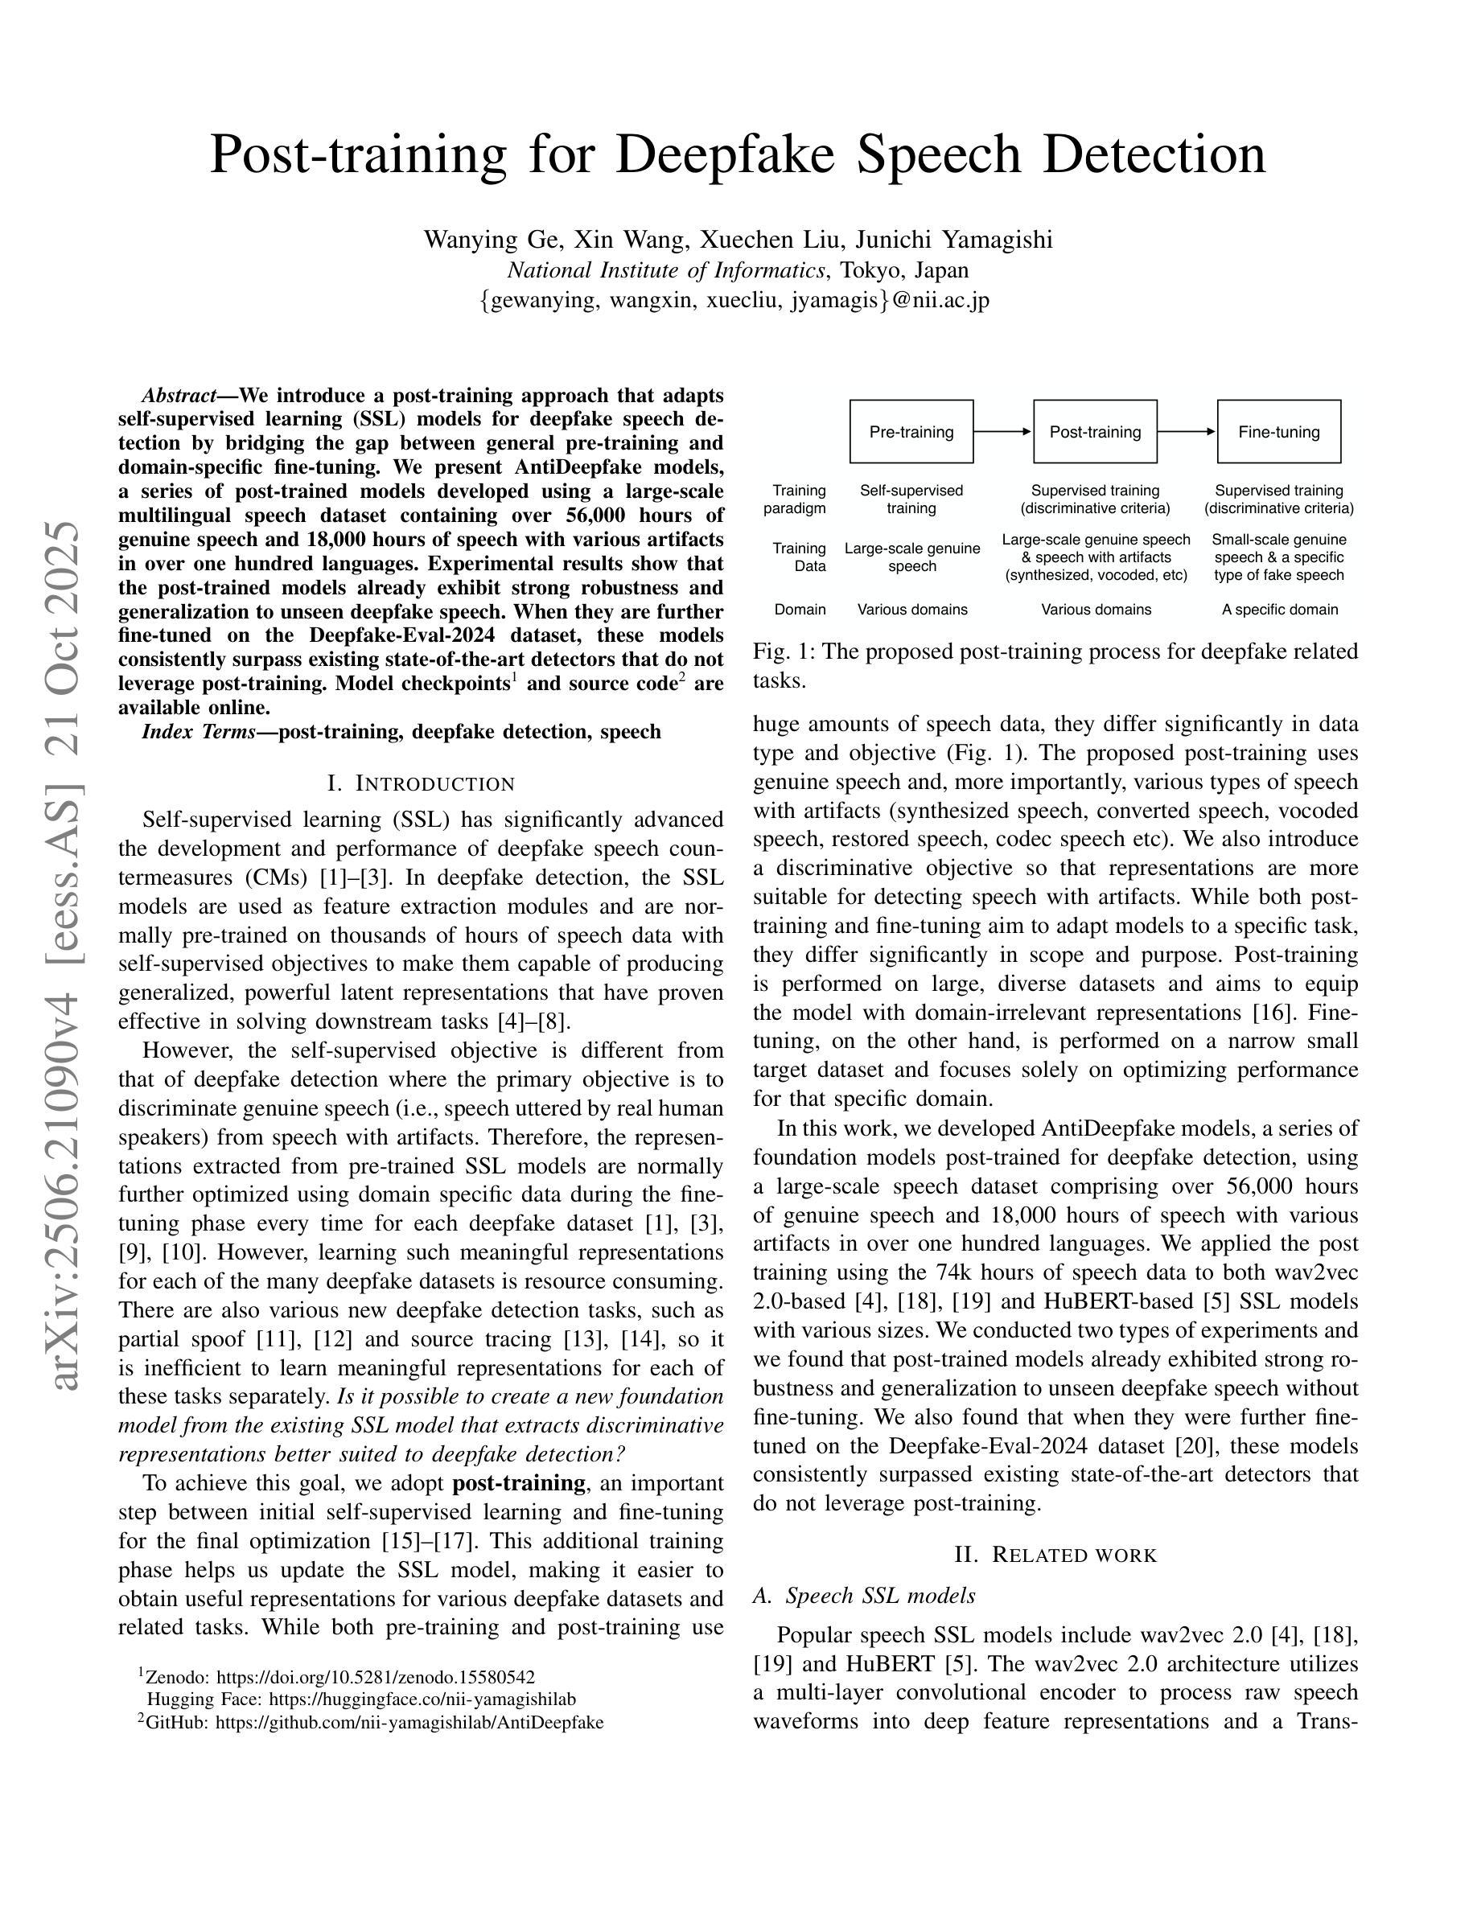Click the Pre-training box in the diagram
pos(911,431)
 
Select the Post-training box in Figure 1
pos(1095,431)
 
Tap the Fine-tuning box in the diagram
pos(1278,431)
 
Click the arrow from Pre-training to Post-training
pos(1002,431)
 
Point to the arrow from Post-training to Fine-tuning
pos(1187,431)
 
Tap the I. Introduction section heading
pos(421,783)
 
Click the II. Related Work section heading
pos(1055,1555)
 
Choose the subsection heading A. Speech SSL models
pos(864,1595)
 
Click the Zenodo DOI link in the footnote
pos(376,1676)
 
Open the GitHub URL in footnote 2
pos(409,1722)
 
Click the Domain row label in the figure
pos(800,609)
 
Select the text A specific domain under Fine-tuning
pos(1279,609)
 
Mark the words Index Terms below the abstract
pos(199,731)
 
